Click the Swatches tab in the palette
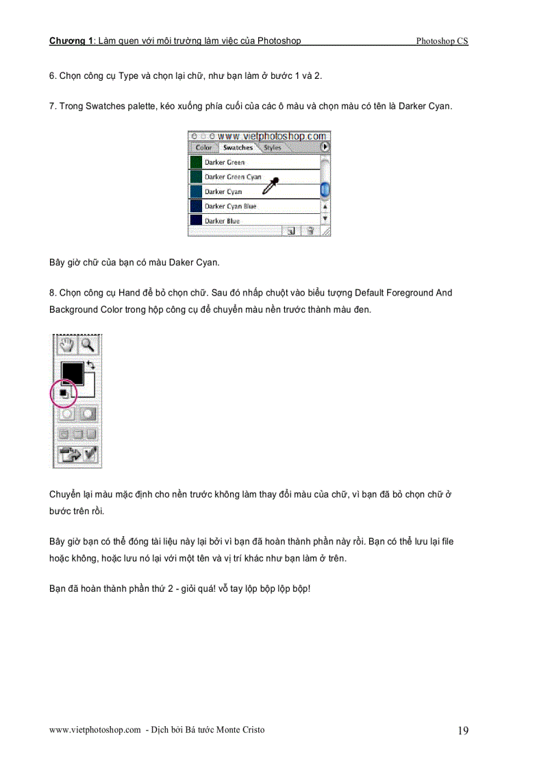[238, 147]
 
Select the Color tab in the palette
[203, 147]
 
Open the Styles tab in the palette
[272, 147]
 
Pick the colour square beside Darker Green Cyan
[196, 177]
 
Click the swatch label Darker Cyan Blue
[230, 206]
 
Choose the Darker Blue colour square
[196, 221]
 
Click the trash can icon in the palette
[310, 232]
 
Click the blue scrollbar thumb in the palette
[325, 189]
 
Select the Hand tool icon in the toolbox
[66, 344]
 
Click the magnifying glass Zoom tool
[87, 344]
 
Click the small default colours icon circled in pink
[63, 393]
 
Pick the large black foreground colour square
[71, 373]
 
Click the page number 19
[463, 731]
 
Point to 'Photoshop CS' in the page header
[442, 41]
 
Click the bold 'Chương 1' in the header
[71, 41]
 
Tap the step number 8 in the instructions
[52, 293]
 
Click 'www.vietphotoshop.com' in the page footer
[95, 730]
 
